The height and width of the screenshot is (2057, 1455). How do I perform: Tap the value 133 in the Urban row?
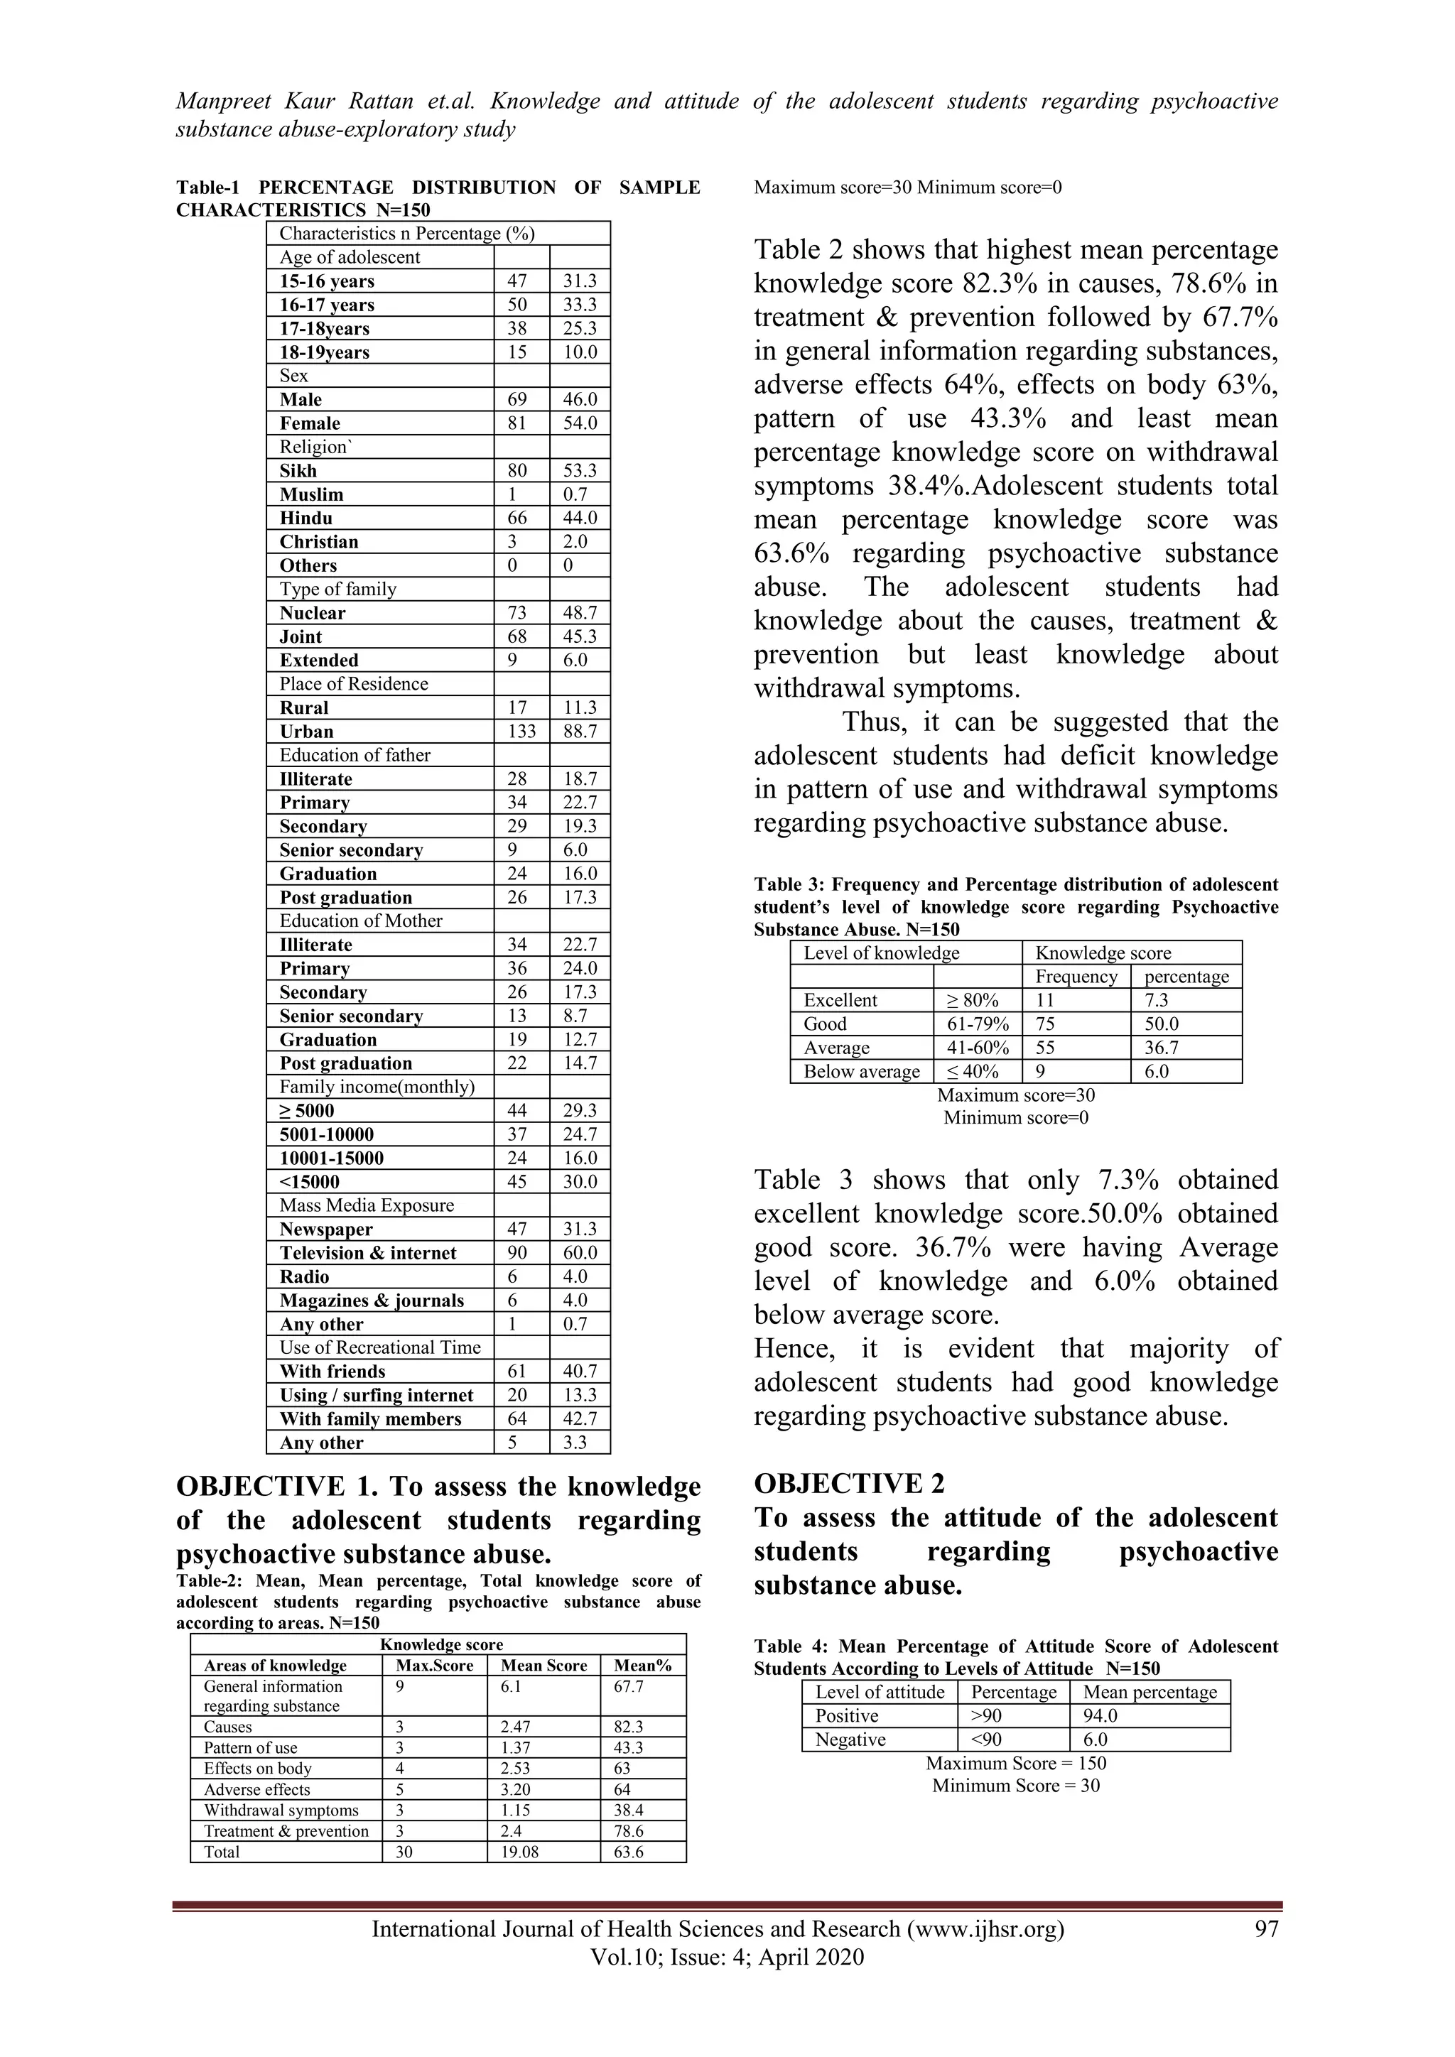(521, 732)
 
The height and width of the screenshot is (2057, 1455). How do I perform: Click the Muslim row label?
(311, 494)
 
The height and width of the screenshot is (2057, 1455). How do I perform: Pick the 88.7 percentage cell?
(580, 732)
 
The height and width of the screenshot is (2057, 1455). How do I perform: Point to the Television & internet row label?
(367, 1254)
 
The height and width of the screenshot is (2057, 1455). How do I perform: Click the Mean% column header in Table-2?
(642, 1666)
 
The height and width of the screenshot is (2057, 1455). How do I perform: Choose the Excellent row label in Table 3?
(840, 1001)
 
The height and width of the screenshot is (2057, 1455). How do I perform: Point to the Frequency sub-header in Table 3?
(1076, 977)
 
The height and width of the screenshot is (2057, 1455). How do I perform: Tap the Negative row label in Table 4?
(850, 1740)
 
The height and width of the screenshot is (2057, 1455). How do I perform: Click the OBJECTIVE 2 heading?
(848, 1485)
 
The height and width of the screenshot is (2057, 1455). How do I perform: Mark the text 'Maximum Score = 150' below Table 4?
(1015, 1763)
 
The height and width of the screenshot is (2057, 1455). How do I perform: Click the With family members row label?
(370, 1419)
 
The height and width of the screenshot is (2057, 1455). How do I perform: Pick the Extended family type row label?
(319, 661)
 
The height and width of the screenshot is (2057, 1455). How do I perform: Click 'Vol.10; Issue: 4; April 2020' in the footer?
(727, 1957)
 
